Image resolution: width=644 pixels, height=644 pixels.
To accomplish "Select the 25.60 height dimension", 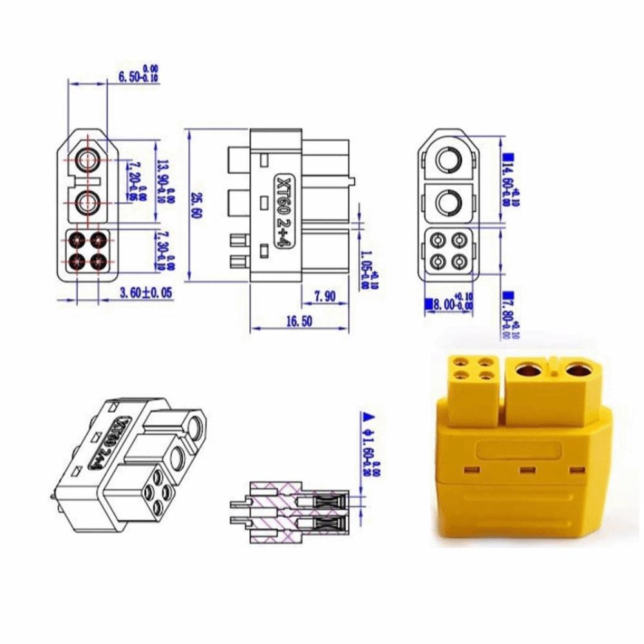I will tap(195, 206).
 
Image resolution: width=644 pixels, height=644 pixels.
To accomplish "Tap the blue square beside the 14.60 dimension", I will tap(507, 156).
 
